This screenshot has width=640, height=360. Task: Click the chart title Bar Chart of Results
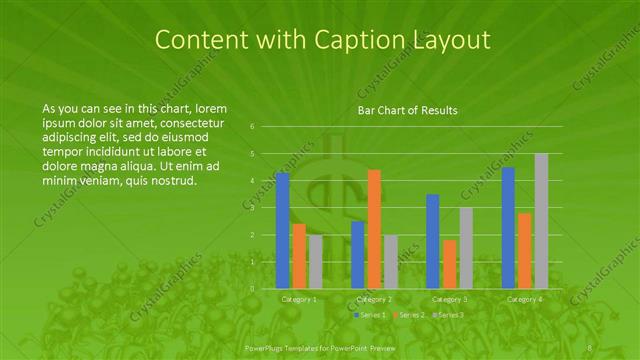point(408,110)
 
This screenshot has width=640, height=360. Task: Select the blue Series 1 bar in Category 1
point(283,230)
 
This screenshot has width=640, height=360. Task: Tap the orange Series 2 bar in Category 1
point(299,256)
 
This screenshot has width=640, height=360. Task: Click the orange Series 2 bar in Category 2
point(374,229)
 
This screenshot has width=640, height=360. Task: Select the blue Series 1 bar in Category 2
point(358,255)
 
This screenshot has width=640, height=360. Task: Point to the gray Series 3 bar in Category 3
point(465,248)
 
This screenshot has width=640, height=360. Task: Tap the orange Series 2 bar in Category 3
point(449,264)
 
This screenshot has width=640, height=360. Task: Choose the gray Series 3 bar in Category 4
point(541,221)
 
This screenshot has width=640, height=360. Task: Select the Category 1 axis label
point(299,298)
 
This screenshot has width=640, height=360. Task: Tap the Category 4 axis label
point(524,298)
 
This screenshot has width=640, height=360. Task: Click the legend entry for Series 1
point(370,314)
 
